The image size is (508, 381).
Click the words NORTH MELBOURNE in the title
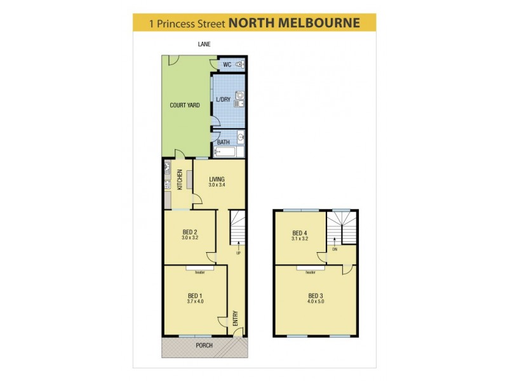point(294,23)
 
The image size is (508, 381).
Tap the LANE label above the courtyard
point(203,44)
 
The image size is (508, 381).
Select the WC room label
point(227,65)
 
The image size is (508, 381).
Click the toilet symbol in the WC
point(239,65)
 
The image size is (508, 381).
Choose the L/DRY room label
point(223,100)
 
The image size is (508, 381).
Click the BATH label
point(224,142)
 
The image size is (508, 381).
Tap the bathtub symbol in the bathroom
point(225,152)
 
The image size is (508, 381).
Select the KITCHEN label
point(180,180)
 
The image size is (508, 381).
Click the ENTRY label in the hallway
point(236,317)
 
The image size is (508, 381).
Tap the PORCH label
point(204,345)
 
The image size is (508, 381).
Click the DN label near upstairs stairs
point(334,250)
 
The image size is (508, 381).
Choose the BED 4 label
point(300,232)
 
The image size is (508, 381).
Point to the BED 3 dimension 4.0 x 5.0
point(316,302)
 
